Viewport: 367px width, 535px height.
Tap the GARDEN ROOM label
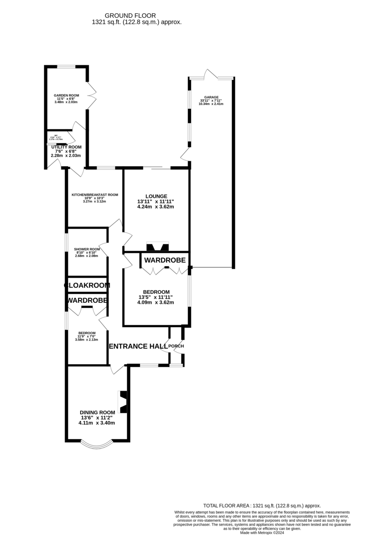coord(66,95)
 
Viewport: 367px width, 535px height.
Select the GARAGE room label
coord(212,97)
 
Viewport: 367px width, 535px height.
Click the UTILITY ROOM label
coord(66,147)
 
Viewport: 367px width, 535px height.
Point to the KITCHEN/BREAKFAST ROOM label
coord(95,194)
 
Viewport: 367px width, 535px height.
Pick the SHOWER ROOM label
coord(87,249)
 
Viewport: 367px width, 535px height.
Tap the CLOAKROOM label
coord(87,285)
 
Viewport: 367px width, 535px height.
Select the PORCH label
coord(176,346)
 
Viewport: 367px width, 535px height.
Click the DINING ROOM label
coord(97,412)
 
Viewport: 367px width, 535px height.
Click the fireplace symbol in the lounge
coord(158,247)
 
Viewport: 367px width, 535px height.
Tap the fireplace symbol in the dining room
coord(123,402)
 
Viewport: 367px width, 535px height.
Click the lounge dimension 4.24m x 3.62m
coord(155,206)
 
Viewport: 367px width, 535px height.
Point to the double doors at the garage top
coord(211,74)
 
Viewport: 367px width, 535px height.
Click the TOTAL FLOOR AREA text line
coord(262,506)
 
